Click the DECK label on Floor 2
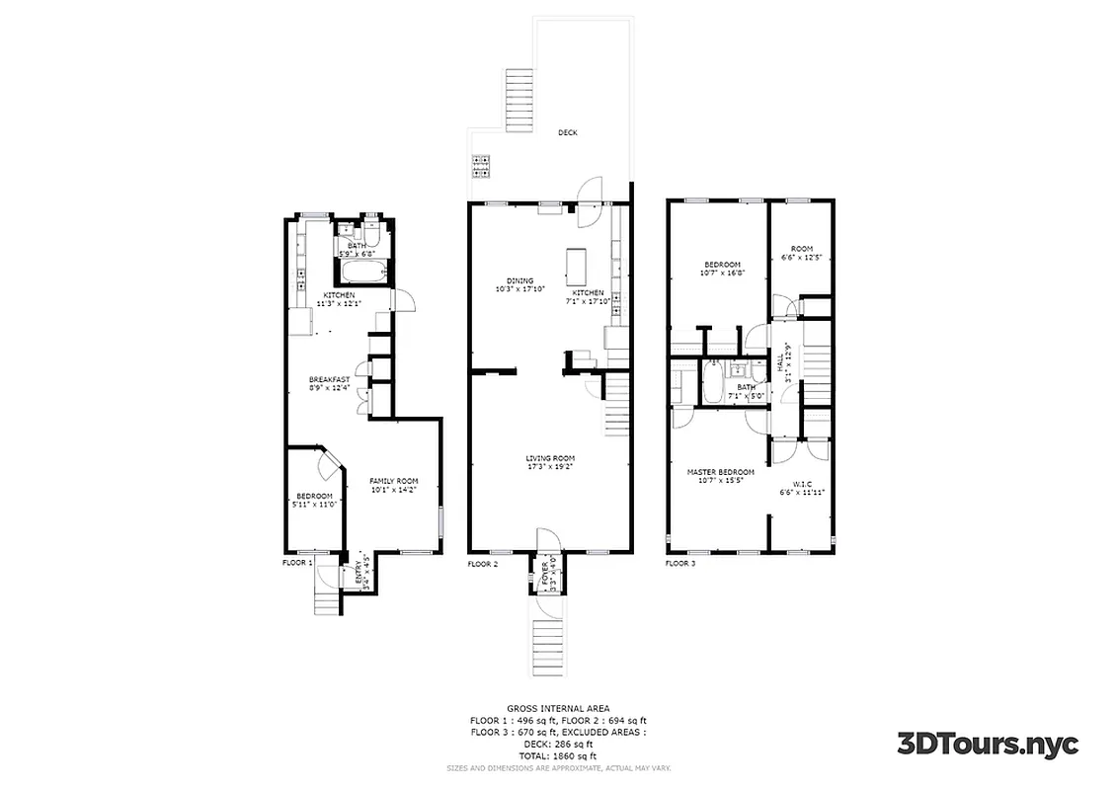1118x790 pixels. click(567, 132)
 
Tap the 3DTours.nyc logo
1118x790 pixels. click(987, 743)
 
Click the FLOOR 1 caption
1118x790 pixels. click(297, 562)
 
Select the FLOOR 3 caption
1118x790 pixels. click(679, 564)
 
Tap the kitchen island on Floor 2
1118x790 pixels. click(577, 265)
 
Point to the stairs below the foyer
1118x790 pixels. click(546, 646)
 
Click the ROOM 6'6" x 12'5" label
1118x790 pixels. click(801, 253)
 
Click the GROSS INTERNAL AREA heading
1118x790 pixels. click(558, 708)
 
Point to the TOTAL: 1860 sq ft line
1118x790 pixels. click(558, 754)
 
